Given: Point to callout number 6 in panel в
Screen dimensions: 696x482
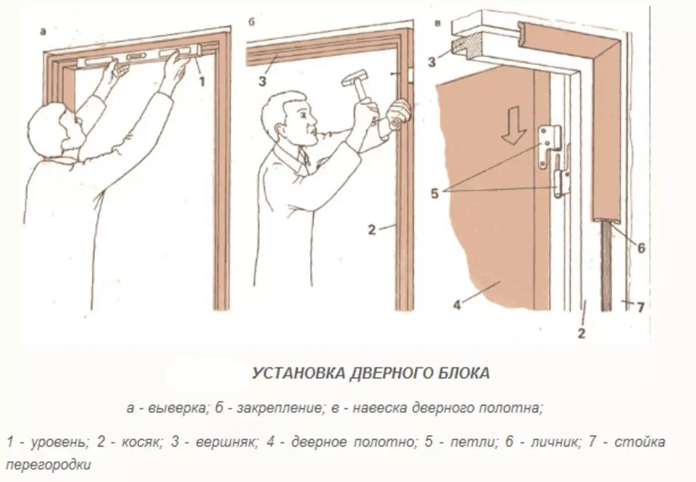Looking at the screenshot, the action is click(x=641, y=248).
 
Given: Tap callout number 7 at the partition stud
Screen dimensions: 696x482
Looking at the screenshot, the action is click(x=640, y=308).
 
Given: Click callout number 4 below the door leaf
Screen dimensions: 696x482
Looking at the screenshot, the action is click(x=457, y=305).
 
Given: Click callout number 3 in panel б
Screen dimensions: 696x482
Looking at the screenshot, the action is click(x=262, y=81).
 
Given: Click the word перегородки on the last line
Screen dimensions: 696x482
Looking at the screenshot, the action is click(x=50, y=465).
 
